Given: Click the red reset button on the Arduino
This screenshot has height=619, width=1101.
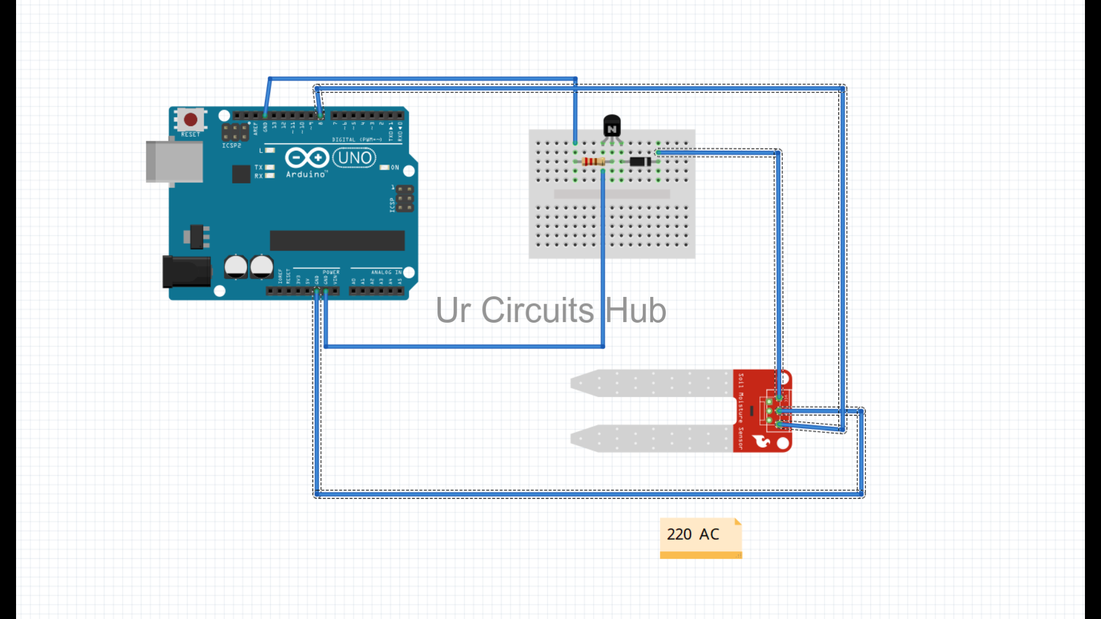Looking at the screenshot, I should (190, 120).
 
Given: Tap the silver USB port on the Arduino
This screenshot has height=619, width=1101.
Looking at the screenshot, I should (174, 162).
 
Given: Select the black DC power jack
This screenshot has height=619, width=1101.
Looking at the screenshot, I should (186, 272).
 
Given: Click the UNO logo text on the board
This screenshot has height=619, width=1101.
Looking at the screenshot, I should (354, 158).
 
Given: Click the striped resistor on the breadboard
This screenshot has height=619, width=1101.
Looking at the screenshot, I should (593, 162).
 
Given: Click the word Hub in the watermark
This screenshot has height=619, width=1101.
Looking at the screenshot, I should (635, 311).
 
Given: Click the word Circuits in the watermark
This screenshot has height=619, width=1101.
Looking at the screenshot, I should (537, 311).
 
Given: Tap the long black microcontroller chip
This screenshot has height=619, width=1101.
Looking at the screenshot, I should (337, 241).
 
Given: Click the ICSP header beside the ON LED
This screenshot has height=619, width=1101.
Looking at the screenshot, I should (405, 198).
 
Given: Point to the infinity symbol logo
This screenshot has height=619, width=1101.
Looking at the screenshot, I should (307, 158).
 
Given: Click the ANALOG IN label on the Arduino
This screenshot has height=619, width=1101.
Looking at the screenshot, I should (386, 272).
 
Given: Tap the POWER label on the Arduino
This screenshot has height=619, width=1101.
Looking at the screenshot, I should (331, 272).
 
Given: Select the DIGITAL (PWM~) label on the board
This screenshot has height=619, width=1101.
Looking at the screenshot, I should (357, 139).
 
